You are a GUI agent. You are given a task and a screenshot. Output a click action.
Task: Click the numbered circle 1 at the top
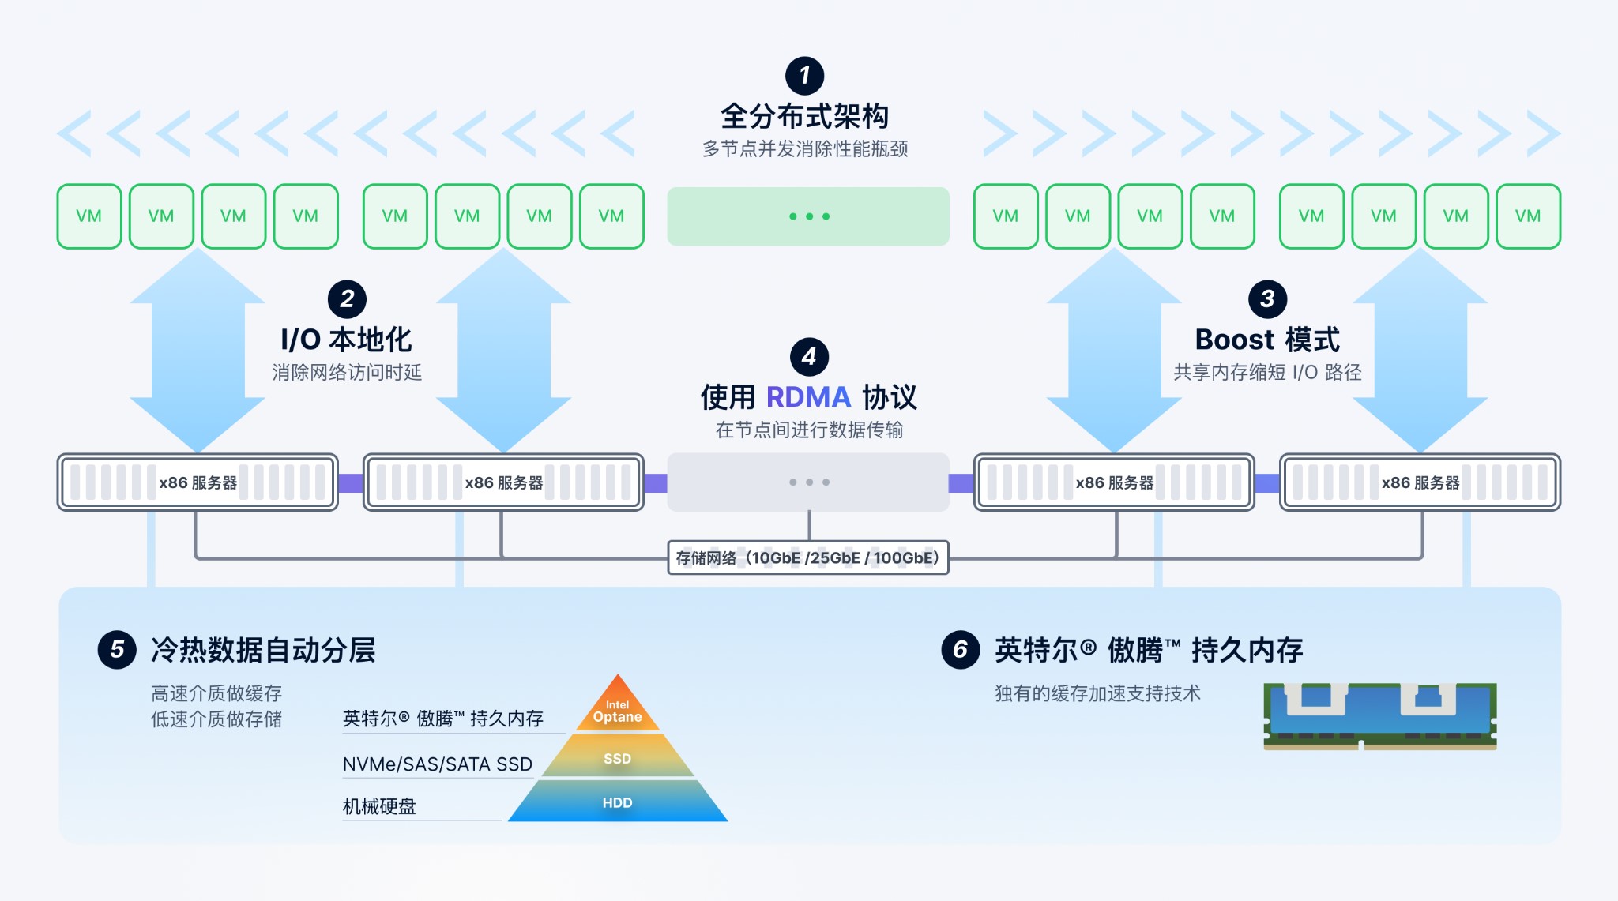804,76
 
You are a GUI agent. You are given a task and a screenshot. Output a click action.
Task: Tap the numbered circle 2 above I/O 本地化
347,299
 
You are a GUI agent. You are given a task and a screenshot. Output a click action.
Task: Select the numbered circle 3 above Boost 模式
1267,299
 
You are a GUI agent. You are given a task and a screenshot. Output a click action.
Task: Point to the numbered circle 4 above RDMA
809,357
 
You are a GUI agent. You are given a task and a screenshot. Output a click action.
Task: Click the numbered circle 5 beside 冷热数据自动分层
117,650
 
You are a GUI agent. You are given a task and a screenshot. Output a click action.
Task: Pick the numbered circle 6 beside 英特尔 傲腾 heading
961,650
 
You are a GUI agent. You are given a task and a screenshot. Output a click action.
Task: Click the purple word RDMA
807,397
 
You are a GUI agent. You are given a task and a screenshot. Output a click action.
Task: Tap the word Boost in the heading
1234,340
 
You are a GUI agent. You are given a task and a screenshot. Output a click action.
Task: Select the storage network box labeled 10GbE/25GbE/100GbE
807,557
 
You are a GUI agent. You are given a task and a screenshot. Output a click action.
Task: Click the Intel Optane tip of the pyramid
618,708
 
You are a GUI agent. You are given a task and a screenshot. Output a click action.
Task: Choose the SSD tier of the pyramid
617,758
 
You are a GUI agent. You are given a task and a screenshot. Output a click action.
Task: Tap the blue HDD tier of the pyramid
617,802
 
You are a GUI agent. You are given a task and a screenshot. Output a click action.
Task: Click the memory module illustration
1379,715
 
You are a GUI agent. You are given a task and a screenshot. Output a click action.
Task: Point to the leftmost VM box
89,216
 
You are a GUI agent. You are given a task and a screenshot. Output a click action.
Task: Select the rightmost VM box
1528,216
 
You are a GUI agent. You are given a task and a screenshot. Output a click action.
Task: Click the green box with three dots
808,216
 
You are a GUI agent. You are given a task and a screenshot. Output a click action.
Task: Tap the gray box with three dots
808,482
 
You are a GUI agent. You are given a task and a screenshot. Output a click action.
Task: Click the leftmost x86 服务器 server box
198,482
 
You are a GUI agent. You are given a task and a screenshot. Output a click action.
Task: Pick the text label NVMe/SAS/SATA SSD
437,764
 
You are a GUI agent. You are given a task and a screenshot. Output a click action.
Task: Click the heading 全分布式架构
804,117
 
